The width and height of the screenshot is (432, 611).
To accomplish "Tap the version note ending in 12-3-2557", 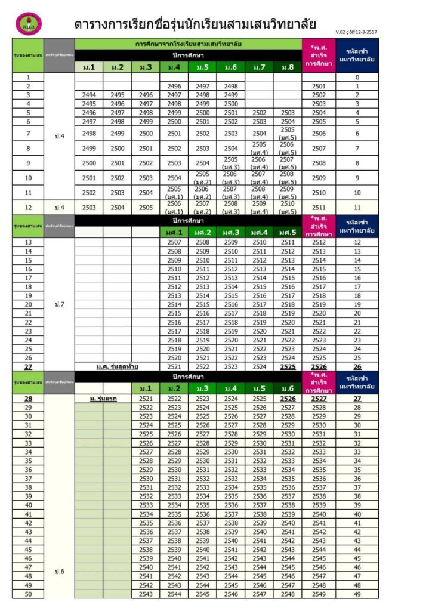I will (356, 32).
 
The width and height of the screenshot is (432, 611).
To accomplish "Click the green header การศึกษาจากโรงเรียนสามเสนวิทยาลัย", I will (188, 44).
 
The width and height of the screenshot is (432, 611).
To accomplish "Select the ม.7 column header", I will (259, 67).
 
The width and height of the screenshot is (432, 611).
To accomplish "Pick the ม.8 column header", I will (287, 67).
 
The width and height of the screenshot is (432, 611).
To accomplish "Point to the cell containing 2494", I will (89, 95).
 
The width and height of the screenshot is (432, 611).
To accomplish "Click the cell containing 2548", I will (287, 594).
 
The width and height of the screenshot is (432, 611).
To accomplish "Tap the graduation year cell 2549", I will (319, 594).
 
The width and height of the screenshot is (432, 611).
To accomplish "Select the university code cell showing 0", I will (357, 78).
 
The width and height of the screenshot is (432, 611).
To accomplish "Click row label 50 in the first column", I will (28, 594).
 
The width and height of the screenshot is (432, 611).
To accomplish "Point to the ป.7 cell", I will (59, 304).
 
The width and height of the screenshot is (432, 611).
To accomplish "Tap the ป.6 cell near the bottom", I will (59, 572).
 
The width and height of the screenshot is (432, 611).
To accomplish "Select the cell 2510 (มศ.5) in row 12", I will (287, 208).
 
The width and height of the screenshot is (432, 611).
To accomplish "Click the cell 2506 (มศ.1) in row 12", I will (174, 208).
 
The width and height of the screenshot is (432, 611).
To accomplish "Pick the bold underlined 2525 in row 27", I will (287, 366).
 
